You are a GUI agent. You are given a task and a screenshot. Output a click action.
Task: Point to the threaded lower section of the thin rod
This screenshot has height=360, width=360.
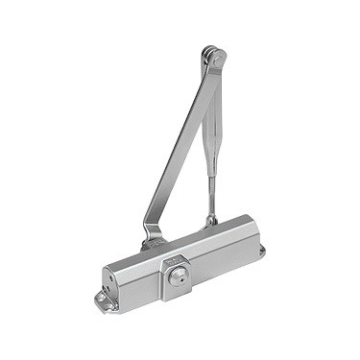click(211, 197)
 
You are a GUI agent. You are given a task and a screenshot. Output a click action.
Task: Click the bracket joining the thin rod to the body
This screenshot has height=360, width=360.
click(211, 221)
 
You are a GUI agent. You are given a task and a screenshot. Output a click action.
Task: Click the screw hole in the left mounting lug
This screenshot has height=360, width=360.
click(101, 302)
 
